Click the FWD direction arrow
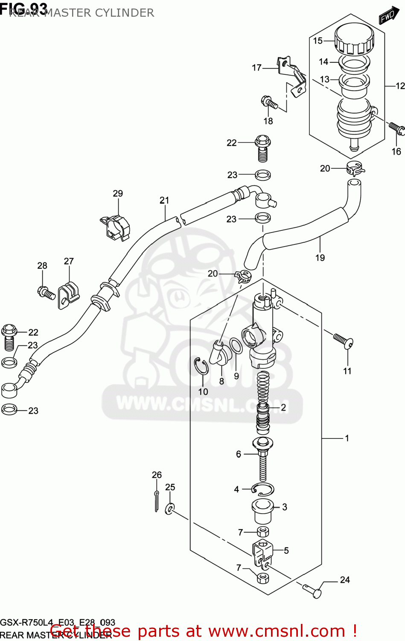coord(388,16)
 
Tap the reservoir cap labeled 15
coord(354,39)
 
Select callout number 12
coord(400,86)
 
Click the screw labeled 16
coord(396,128)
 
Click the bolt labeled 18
coord(269,103)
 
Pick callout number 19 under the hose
coord(320,258)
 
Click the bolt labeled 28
coord(46,293)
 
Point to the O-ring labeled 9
coord(236,346)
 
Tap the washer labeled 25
coord(170,509)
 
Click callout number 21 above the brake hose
coord(164,200)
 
